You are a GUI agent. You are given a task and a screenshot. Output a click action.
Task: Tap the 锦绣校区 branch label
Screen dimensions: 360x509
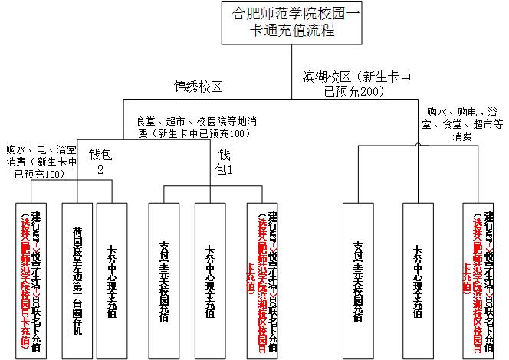pos(198,87)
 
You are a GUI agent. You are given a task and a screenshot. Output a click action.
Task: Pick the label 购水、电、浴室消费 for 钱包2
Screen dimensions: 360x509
pos(41,161)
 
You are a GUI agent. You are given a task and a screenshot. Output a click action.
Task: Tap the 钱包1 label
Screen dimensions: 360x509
pos(224,160)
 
